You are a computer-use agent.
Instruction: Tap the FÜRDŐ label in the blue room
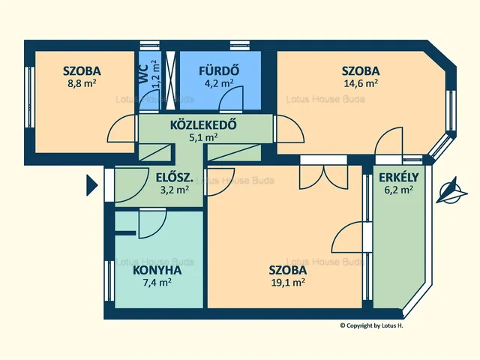pyautogui.click(x=218, y=71)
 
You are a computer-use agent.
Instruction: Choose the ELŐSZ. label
pyautogui.click(x=172, y=178)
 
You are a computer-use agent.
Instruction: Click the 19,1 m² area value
pyautogui.click(x=287, y=283)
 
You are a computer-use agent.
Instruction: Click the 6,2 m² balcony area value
pyautogui.click(x=397, y=190)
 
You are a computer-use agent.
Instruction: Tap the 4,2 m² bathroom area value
pyautogui.click(x=218, y=84)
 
